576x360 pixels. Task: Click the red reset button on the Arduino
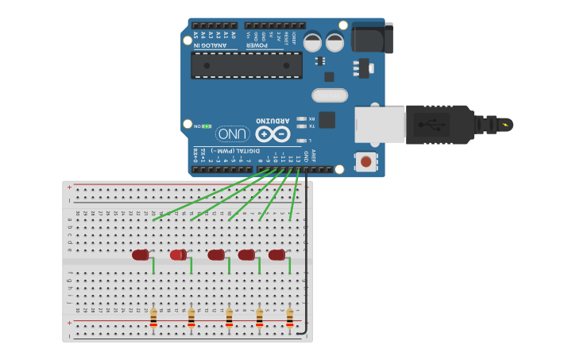[x=365, y=161]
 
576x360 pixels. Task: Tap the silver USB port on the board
[x=379, y=126]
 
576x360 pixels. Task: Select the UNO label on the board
[x=227, y=134]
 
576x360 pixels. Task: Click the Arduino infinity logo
[x=273, y=134]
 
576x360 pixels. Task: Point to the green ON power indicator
[x=206, y=126]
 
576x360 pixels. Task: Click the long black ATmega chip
[x=246, y=65]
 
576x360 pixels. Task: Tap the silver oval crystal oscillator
[x=329, y=95]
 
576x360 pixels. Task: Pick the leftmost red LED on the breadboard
[x=141, y=254]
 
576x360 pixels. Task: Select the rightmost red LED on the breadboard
[x=276, y=254]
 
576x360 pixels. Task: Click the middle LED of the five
[x=215, y=254]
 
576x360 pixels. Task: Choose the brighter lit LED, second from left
[x=178, y=254]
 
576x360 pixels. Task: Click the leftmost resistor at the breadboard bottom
[x=153, y=318]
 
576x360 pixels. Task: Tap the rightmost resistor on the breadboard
[x=289, y=318]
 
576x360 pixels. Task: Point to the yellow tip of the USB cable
[x=505, y=125]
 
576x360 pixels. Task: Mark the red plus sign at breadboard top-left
[x=69, y=188]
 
